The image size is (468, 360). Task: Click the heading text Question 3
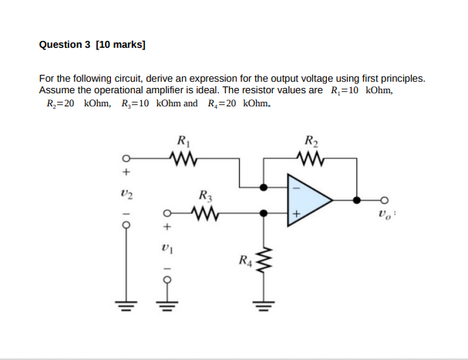(x=65, y=45)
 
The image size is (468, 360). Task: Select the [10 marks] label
(x=120, y=45)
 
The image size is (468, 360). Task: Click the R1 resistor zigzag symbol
(x=184, y=160)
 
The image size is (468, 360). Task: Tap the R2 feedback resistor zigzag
(x=311, y=160)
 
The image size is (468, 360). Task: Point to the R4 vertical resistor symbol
(x=264, y=262)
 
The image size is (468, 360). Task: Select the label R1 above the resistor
(x=183, y=142)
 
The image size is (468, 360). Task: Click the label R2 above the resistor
(x=311, y=142)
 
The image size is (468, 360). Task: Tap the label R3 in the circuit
(x=206, y=195)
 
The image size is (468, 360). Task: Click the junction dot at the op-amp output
(x=356, y=199)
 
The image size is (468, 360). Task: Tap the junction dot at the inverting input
(x=264, y=187)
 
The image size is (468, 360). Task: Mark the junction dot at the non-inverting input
(x=264, y=212)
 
